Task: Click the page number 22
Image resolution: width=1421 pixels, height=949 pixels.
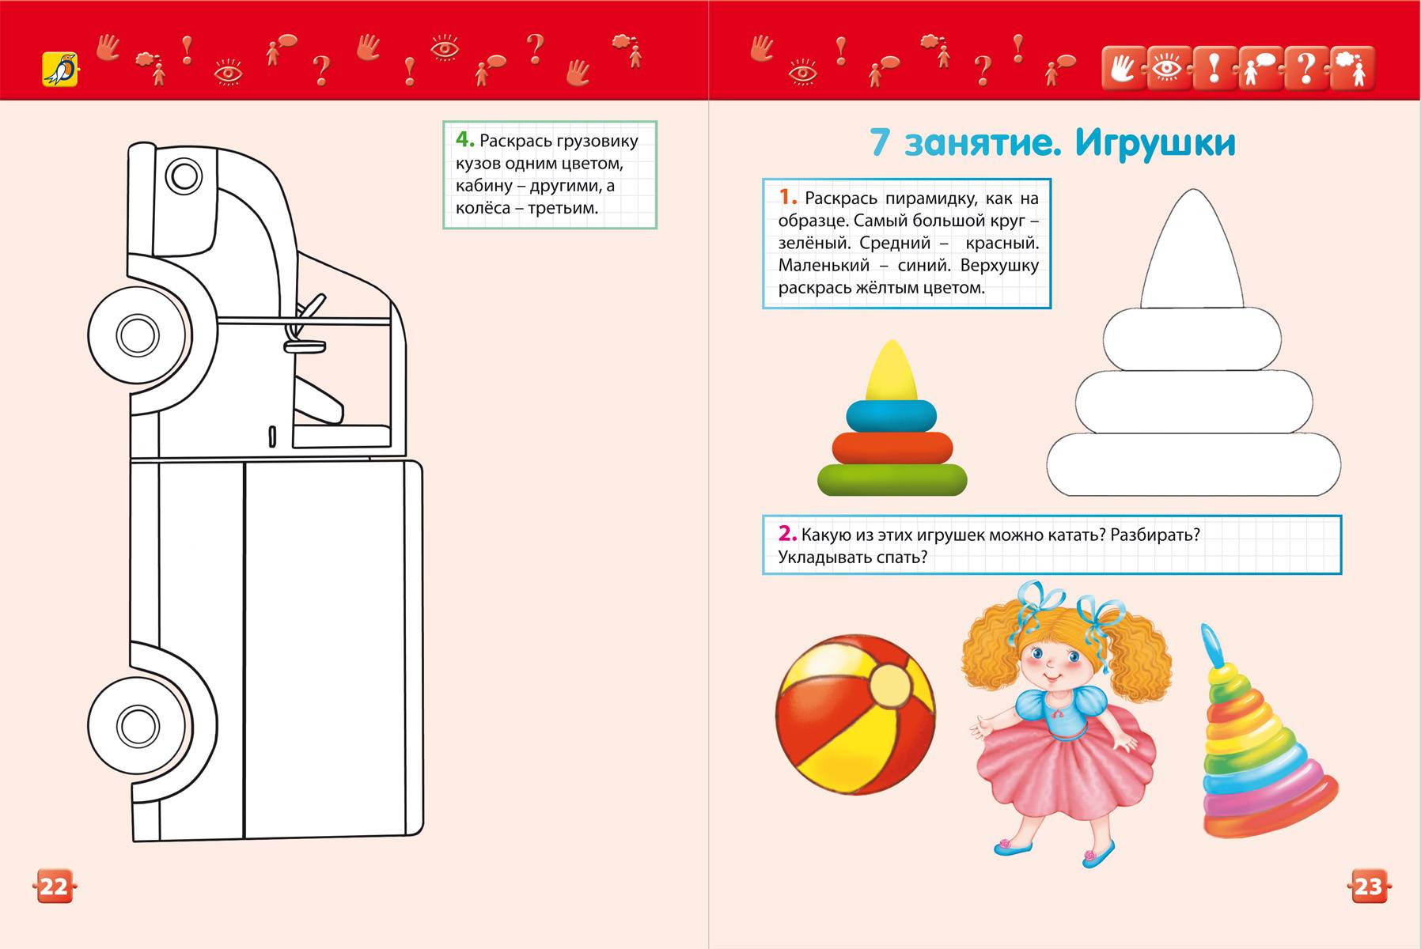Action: click(x=54, y=886)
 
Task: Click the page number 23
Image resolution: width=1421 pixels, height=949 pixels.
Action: click(x=1368, y=886)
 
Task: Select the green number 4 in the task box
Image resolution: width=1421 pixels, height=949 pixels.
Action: click(x=464, y=140)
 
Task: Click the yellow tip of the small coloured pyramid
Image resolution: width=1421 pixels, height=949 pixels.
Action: click(x=892, y=370)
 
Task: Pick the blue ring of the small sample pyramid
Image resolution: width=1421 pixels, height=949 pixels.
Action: click(x=892, y=415)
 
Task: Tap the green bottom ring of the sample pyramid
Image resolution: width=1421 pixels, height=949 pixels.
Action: click(x=892, y=479)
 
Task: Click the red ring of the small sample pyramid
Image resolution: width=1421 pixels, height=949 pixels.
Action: click(x=892, y=448)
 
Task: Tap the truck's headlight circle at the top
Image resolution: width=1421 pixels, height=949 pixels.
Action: click(x=185, y=176)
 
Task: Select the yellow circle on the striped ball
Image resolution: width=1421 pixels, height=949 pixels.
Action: click(x=891, y=685)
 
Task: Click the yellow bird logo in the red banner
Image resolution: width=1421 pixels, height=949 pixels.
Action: click(x=60, y=69)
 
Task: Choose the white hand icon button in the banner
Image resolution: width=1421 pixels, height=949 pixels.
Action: click(x=1123, y=69)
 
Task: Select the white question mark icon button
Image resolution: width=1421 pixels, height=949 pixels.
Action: click(x=1306, y=69)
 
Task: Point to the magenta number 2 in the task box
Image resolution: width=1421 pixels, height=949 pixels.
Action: click(x=786, y=533)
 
